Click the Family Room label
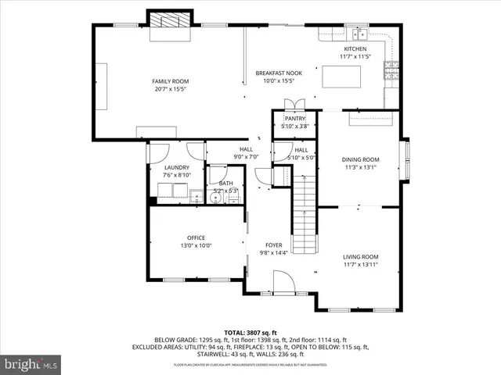point(170,81)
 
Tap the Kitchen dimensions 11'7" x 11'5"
point(354,57)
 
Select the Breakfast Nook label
point(276,73)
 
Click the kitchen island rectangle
point(342,77)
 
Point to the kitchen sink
point(360,34)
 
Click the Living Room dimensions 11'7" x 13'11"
point(360,265)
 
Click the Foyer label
point(274,244)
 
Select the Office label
point(196,237)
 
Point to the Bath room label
point(225,183)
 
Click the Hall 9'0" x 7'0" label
point(246,149)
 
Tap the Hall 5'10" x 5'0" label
point(301,149)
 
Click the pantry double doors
point(294,105)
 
